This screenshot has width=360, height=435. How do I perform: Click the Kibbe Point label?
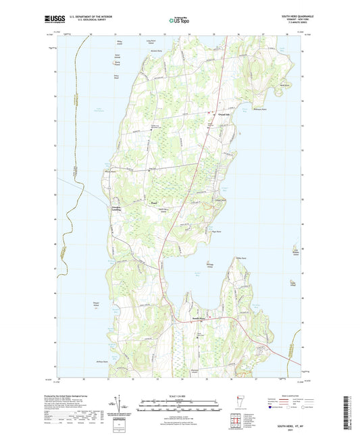pyautogui.click(x=238, y=257)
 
